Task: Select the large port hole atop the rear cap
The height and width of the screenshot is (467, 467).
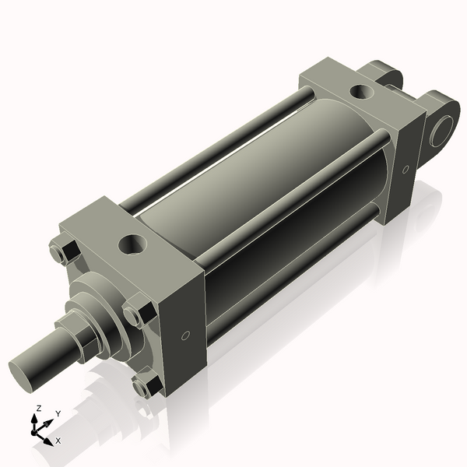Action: [x=361, y=92]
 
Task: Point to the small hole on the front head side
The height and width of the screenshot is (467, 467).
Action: [x=184, y=335]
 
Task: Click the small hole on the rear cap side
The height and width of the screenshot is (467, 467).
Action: [x=405, y=169]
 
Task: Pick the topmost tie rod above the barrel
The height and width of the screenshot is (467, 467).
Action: [x=218, y=148]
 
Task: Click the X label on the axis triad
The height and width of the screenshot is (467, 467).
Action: [x=58, y=441]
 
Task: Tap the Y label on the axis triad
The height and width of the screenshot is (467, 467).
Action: [x=58, y=413]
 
